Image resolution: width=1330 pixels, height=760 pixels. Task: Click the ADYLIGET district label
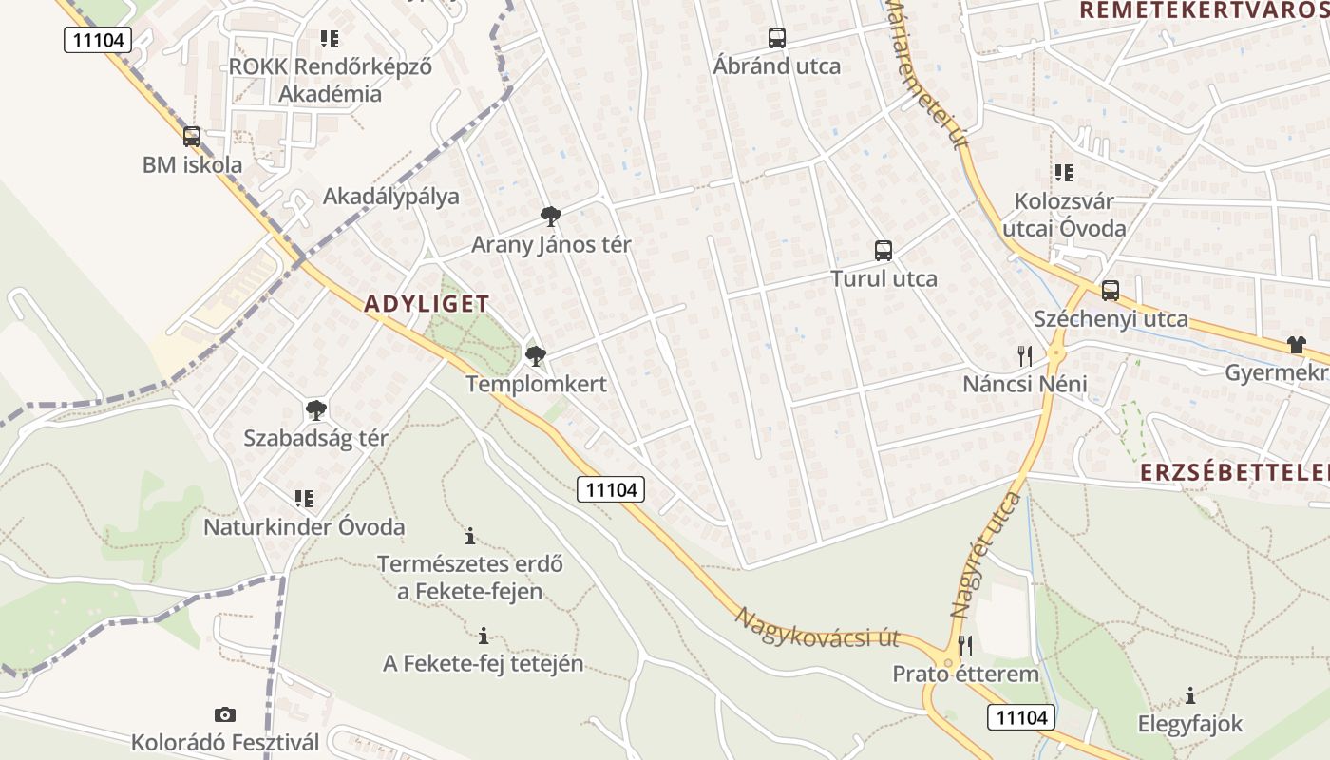point(427,304)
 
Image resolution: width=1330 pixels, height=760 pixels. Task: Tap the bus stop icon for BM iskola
point(192,137)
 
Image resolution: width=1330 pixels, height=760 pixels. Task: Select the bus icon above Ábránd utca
point(777,38)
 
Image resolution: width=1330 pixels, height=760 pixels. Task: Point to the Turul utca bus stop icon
point(883,251)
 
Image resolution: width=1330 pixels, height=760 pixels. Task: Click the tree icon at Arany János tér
point(550,217)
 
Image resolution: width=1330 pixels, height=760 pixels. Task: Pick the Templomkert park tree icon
point(536,356)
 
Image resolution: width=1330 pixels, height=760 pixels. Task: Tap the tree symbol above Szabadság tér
point(315,410)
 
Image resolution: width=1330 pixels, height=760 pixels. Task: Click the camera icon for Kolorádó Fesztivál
point(225,714)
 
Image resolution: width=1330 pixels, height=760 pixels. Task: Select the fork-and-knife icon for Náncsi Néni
point(1024,356)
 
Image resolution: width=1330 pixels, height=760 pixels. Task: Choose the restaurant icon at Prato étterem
point(965,646)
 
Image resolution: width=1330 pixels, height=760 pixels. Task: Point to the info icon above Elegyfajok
point(1190,695)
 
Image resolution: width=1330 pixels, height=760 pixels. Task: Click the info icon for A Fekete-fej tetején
point(484,635)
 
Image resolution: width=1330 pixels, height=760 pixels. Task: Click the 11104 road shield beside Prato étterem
point(1020,716)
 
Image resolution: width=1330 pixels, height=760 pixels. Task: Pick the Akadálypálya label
point(390,197)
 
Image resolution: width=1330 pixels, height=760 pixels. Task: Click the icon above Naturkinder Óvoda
point(304,499)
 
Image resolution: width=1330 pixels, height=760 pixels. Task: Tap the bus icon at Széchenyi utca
point(1111,291)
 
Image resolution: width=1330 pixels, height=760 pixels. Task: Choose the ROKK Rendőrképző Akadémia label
point(330,80)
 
